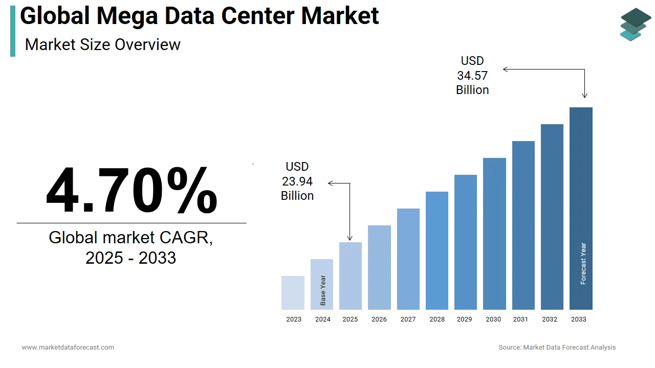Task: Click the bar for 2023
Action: (x=293, y=293)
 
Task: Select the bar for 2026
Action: (x=379, y=267)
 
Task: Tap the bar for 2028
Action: (x=437, y=250)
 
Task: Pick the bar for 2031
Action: (x=523, y=225)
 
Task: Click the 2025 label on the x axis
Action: (x=350, y=319)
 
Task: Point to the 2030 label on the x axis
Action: (x=493, y=319)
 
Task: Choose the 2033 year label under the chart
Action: (x=578, y=319)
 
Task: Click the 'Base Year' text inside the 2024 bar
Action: (x=323, y=290)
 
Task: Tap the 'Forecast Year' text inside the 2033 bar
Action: (x=583, y=264)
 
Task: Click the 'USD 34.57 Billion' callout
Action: (x=472, y=76)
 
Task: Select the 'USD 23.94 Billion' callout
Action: (x=297, y=181)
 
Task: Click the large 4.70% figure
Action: (x=132, y=190)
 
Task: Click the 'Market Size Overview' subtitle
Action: (x=102, y=44)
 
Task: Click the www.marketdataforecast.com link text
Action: (x=68, y=348)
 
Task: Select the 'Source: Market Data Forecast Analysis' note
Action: (x=557, y=348)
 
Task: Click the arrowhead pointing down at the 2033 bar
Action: (x=584, y=96)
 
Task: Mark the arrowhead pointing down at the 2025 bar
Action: (x=350, y=238)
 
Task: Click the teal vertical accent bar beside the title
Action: (x=13, y=31)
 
